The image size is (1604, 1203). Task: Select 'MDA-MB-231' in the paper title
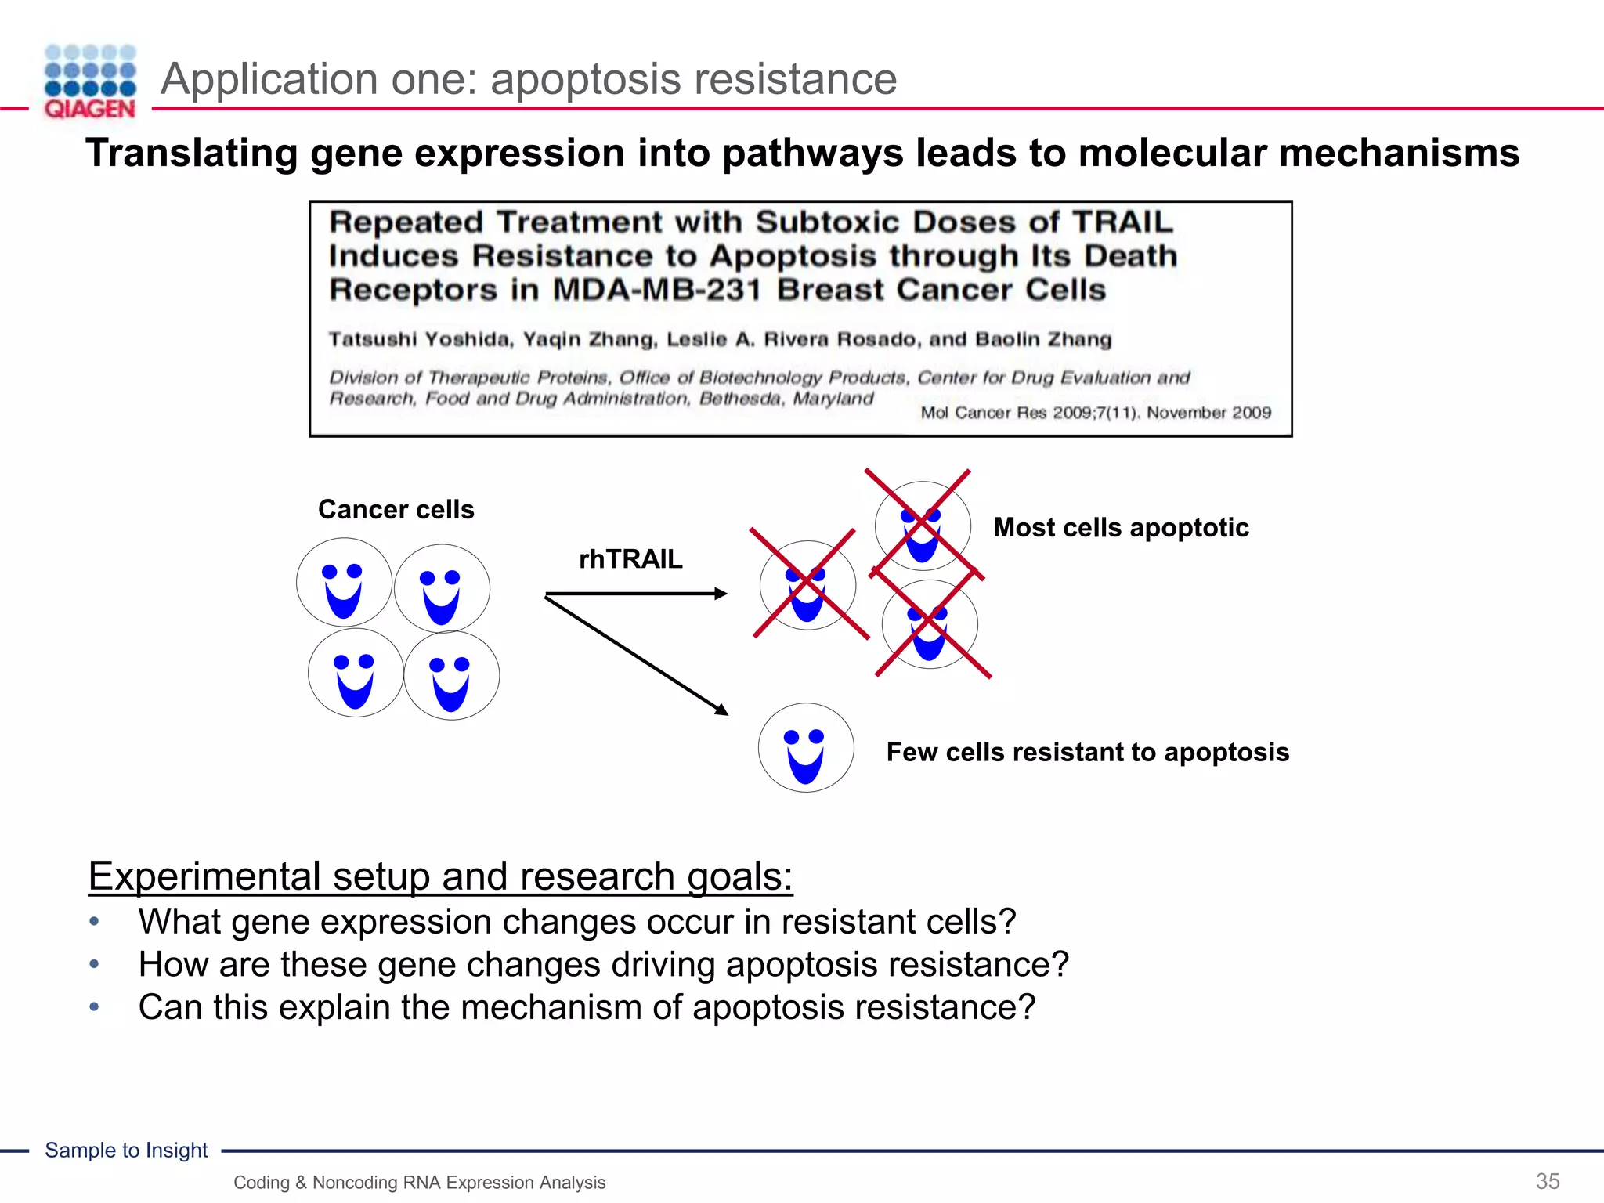(x=656, y=291)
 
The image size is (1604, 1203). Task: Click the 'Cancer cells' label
(x=396, y=510)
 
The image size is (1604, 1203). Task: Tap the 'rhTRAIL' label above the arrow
(x=630, y=559)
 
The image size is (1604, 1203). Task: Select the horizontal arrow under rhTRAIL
(x=634, y=594)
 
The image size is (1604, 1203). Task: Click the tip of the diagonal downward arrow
(x=724, y=712)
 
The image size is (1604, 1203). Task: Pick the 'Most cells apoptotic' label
(x=1121, y=528)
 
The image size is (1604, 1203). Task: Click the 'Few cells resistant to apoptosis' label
(x=1087, y=753)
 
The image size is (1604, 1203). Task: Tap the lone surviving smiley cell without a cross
(x=806, y=748)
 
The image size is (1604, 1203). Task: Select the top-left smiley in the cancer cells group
(x=344, y=582)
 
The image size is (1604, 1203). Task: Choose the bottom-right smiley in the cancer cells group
(x=452, y=676)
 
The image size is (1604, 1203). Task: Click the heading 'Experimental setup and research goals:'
(x=440, y=876)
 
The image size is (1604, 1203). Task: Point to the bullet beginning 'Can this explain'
(x=586, y=1007)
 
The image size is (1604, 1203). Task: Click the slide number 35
(x=1548, y=1181)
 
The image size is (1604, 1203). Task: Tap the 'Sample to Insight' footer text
(x=126, y=1150)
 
